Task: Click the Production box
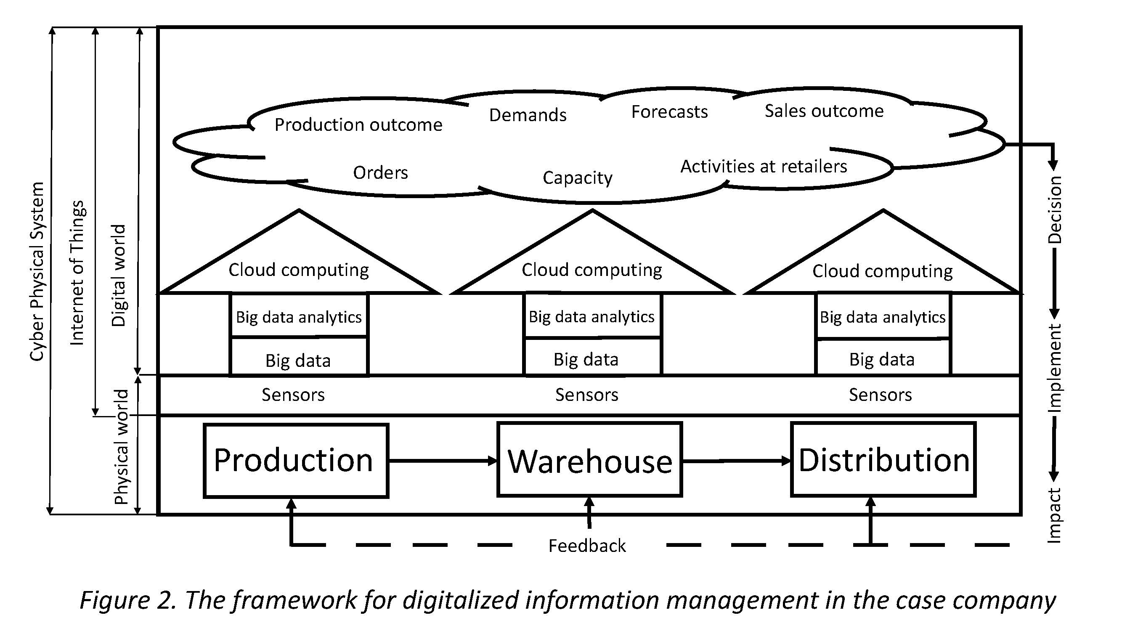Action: pyautogui.click(x=296, y=460)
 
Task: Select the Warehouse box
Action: pyautogui.click(x=589, y=459)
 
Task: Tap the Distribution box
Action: pyautogui.click(x=883, y=459)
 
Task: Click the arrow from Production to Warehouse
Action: pyautogui.click(x=442, y=460)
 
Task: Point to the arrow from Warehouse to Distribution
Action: pyautogui.click(x=736, y=460)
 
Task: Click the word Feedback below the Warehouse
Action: pyautogui.click(x=587, y=546)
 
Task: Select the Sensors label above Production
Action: pyautogui.click(x=293, y=395)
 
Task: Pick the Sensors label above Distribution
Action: pyautogui.click(x=880, y=395)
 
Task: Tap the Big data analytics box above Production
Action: pyautogui.click(x=299, y=317)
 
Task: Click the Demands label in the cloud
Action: pyautogui.click(x=528, y=115)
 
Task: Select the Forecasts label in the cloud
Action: pyautogui.click(x=669, y=112)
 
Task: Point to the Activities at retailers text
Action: pyautogui.click(x=764, y=166)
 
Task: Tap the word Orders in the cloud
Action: pyautogui.click(x=380, y=173)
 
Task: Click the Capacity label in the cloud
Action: pyautogui.click(x=578, y=178)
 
